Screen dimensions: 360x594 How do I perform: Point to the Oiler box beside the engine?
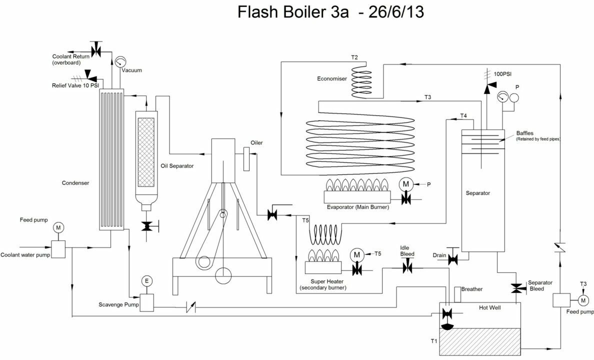tap(246, 158)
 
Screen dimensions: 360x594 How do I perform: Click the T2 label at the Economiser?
tap(354, 57)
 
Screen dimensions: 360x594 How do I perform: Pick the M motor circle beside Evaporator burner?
tap(404, 184)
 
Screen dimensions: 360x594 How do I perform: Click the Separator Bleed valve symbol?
tap(516, 288)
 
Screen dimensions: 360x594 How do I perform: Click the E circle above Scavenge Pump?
tap(146, 281)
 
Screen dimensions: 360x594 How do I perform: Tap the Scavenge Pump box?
tap(146, 302)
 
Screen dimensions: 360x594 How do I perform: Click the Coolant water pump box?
tap(58, 248)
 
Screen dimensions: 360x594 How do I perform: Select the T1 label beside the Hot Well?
tap(434, 341)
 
